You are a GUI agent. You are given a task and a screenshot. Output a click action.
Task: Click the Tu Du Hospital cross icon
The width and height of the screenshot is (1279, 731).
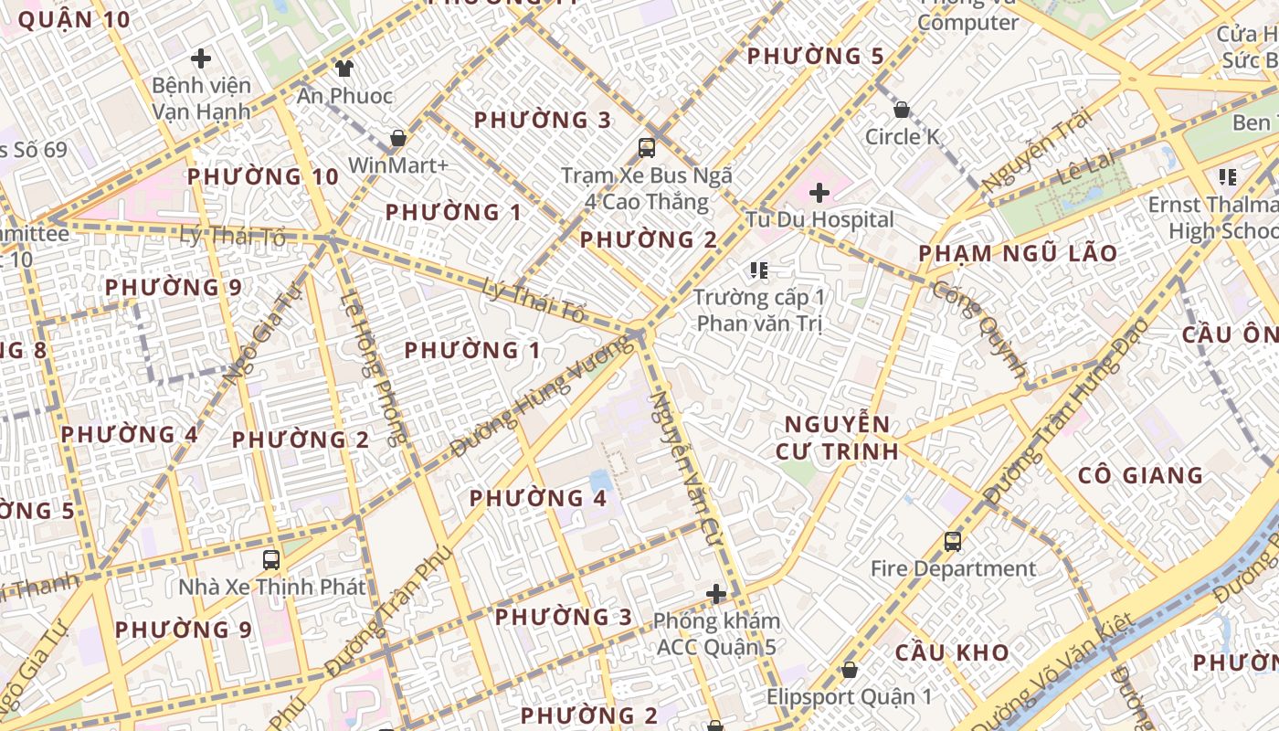(x=819, y=193)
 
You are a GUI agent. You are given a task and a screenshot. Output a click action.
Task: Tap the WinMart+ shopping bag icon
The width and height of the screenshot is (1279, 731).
(x=397, y=139)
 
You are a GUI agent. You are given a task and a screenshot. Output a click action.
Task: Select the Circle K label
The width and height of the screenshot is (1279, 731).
(x=903, y=137)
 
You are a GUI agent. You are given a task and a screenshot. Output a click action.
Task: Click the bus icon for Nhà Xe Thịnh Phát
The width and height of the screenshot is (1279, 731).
(x=270, y=560)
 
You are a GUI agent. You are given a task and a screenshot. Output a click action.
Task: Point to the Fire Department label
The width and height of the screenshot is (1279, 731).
(x=953, y=569)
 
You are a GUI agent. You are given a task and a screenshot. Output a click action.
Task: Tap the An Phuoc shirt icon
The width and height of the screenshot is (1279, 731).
(x=344, y=68)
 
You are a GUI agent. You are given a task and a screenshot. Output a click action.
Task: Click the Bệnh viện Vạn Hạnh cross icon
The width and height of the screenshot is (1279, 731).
(x=201, y=59)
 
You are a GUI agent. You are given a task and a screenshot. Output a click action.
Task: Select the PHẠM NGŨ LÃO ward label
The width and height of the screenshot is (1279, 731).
(x=1018, y=253)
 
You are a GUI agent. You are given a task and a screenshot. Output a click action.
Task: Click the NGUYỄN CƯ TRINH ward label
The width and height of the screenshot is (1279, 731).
(x=837, y=438)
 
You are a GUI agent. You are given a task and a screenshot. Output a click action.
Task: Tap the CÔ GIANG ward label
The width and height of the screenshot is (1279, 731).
(x=1140, y=475)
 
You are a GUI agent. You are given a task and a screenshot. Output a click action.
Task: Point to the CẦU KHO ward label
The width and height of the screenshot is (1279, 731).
(x=952, y=652)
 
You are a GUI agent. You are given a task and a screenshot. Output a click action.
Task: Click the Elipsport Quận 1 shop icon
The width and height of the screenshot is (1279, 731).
(x=850, y=670)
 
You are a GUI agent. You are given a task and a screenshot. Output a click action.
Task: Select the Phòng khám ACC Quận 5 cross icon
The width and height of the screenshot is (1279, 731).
(x=716, y=595)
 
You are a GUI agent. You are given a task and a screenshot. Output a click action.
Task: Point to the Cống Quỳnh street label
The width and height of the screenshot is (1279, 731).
(x=978, y=329)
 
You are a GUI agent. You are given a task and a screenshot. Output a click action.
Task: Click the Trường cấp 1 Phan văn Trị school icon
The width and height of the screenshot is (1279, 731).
(x=758, y=270)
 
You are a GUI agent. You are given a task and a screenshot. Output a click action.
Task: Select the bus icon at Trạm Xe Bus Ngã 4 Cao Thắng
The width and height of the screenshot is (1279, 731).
(x=647, y=148)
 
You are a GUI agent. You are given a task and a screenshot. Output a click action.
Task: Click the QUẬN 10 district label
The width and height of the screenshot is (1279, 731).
(x=74, y=19)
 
